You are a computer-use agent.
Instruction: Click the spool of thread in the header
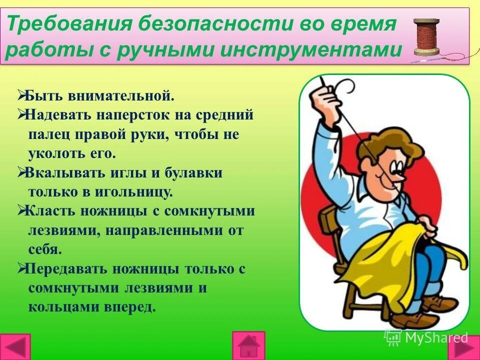(x=426, y=37)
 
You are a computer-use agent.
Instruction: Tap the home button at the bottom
(x=248, y=345)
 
